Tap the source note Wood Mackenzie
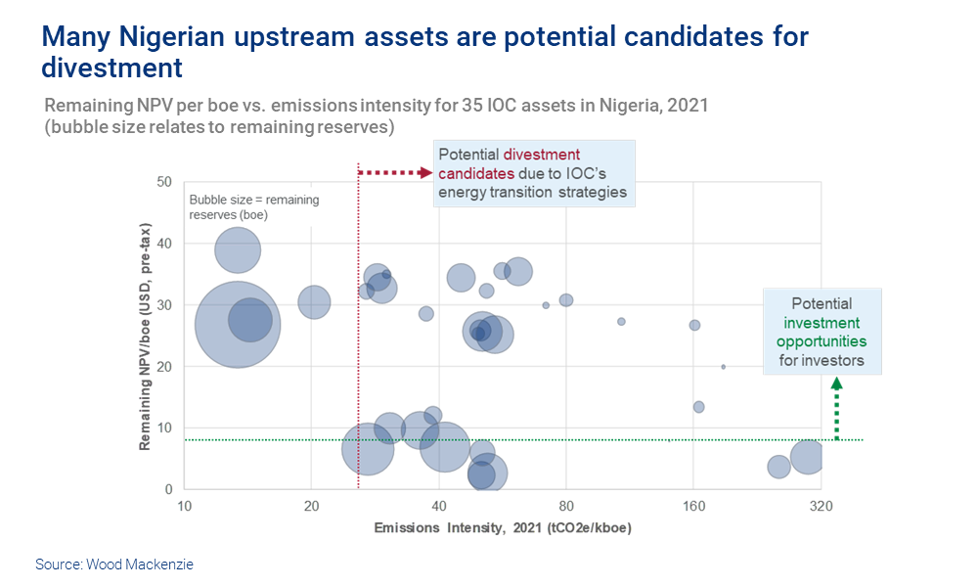tap(113, 564)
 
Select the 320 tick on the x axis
tap(821, 506)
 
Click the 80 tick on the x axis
tap(566, 506)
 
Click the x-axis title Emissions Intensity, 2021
tap(502, 528)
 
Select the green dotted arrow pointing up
tap(836, 411)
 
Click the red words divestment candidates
tap(509, 163)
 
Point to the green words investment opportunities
tap(821, 332)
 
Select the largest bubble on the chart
tap(238, 325)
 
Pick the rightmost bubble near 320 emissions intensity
tap(807, 456)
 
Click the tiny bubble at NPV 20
tap(723, 367)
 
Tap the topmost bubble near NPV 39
tap(237, 249)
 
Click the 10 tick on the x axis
tap(184, 506)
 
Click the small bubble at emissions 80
tap(566, 300)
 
